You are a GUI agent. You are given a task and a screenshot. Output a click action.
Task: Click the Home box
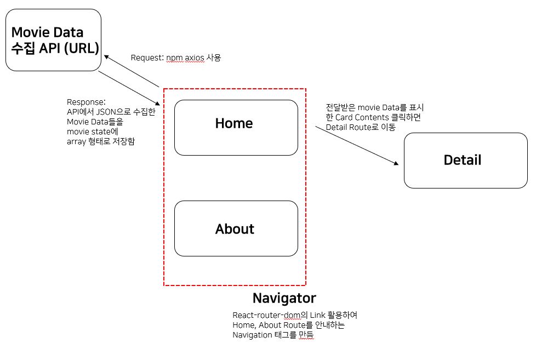click(236, 127)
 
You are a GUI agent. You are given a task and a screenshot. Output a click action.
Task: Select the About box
click(236, 228)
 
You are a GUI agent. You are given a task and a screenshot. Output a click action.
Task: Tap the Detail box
click(465, 160)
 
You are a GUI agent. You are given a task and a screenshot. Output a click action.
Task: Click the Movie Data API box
click(53, 39)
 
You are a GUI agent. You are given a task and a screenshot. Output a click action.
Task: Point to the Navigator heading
click(284, 298)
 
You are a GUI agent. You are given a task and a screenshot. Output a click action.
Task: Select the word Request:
click(147, 58)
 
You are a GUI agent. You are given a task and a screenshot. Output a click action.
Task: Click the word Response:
click(85, 102)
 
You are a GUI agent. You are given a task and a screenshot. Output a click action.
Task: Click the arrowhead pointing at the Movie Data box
click(107, 57)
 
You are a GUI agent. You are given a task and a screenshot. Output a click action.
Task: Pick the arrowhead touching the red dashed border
click(161, 104)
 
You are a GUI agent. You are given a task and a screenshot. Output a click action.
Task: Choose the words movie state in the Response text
click(88, 132)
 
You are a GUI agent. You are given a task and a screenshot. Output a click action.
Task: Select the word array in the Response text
click(76, 141)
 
